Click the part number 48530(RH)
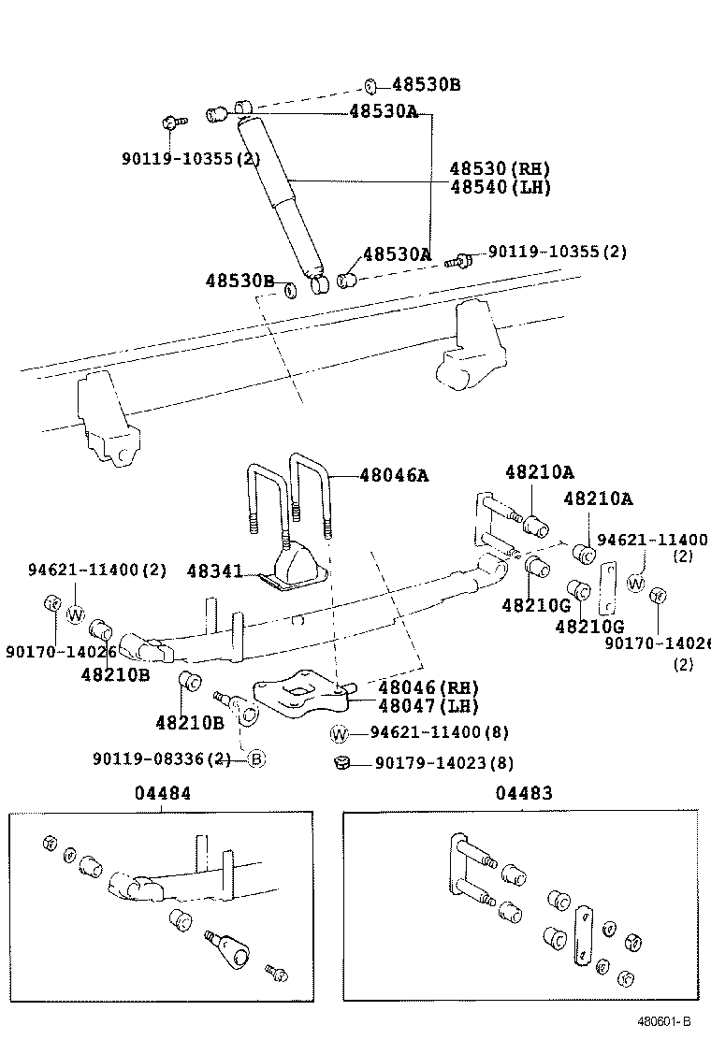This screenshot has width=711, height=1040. point(499,169)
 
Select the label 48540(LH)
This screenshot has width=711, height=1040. point(499,186)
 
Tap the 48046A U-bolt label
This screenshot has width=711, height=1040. point(394,475)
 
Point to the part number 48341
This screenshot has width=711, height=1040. point(214,570)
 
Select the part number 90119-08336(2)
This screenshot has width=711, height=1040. point(161,758)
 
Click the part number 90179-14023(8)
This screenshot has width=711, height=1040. point(443,763)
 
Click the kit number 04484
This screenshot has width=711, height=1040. point(162,794)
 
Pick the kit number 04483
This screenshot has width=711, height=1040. point(524,794)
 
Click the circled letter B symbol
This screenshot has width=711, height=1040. point(256,758)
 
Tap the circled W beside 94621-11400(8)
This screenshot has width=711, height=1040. point(339,732)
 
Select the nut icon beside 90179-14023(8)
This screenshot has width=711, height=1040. point(341,763)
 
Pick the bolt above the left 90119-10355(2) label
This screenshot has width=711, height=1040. point(170,123)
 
